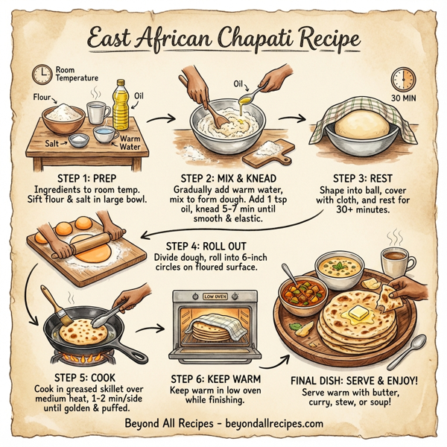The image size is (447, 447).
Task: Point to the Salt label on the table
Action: [x=54, y=142]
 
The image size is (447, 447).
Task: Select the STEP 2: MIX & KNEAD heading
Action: [x=217, y=178]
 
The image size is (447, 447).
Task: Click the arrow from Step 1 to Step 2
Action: [x=157, y=117]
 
